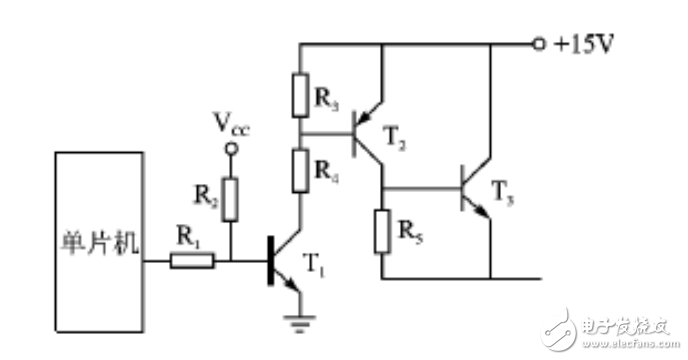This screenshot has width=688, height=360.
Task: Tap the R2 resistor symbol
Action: click(x=231, y=198)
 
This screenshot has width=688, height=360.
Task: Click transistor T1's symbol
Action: click(x=285, y=262)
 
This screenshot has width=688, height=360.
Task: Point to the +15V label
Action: click(x=585, y=45)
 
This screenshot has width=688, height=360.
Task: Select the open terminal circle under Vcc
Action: click(x=231, y=151)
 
